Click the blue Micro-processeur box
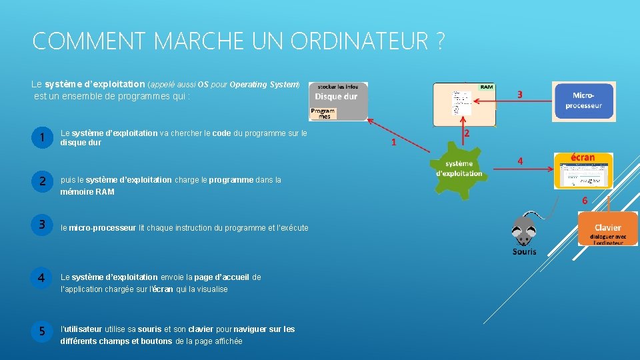tap(583, 101)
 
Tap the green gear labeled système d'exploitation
tap(459, 169)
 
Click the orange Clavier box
tap(607, 229)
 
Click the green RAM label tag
tap(487, 87)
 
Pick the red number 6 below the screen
tap(585, 201)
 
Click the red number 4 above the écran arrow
tap(521, 161)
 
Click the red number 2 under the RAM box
tap(467, 133)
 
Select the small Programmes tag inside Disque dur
tap(323, 113)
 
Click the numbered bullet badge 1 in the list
tap(41, 138)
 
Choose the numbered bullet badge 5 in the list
tap(41, 331)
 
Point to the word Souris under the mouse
tap(524, 251)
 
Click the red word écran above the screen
tap(583, 157)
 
